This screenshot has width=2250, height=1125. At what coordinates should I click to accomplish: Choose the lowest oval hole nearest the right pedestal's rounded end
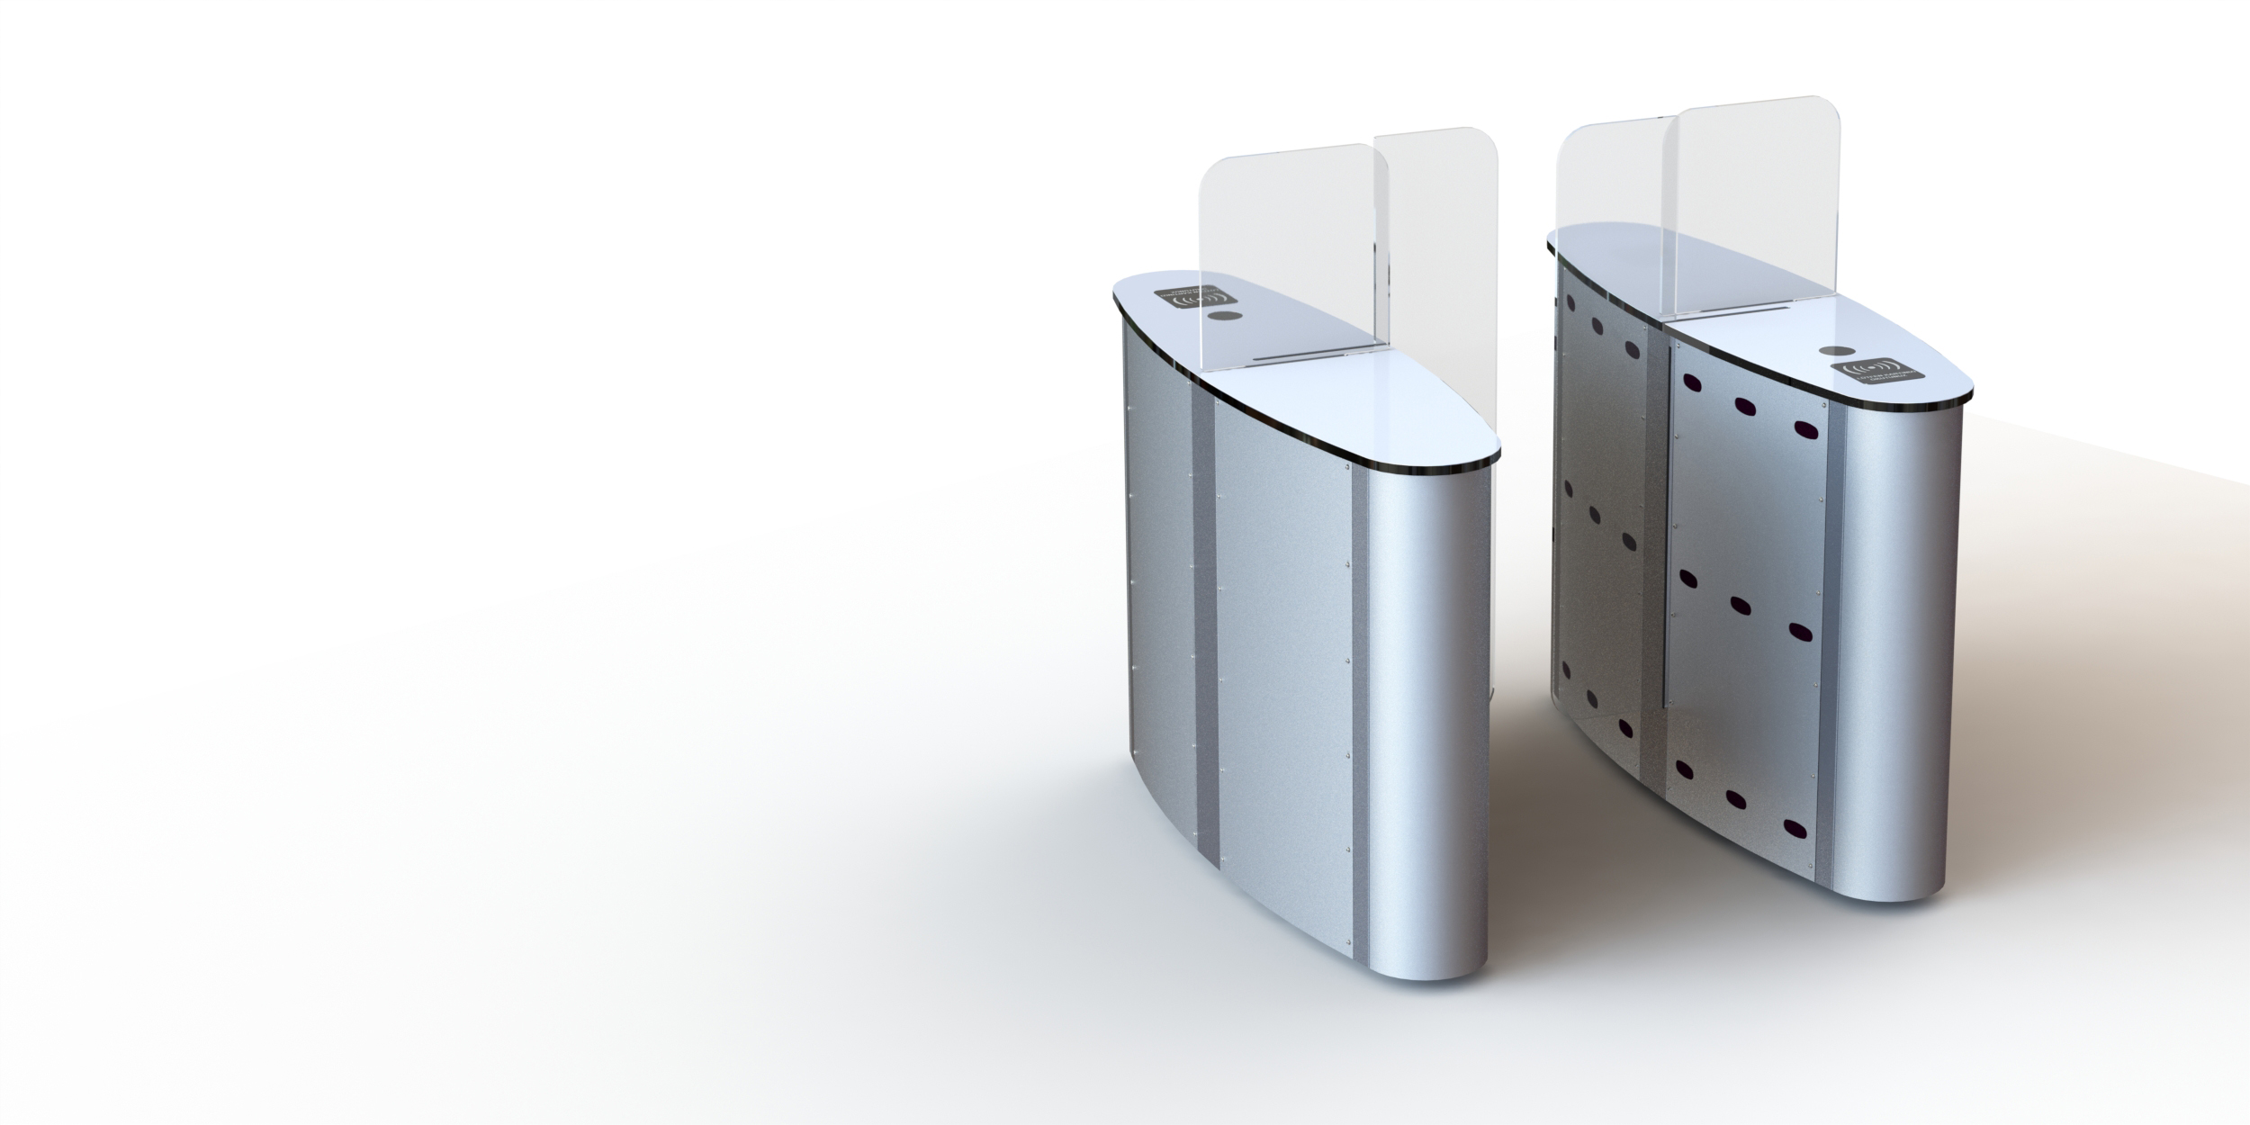coord(1795,828)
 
